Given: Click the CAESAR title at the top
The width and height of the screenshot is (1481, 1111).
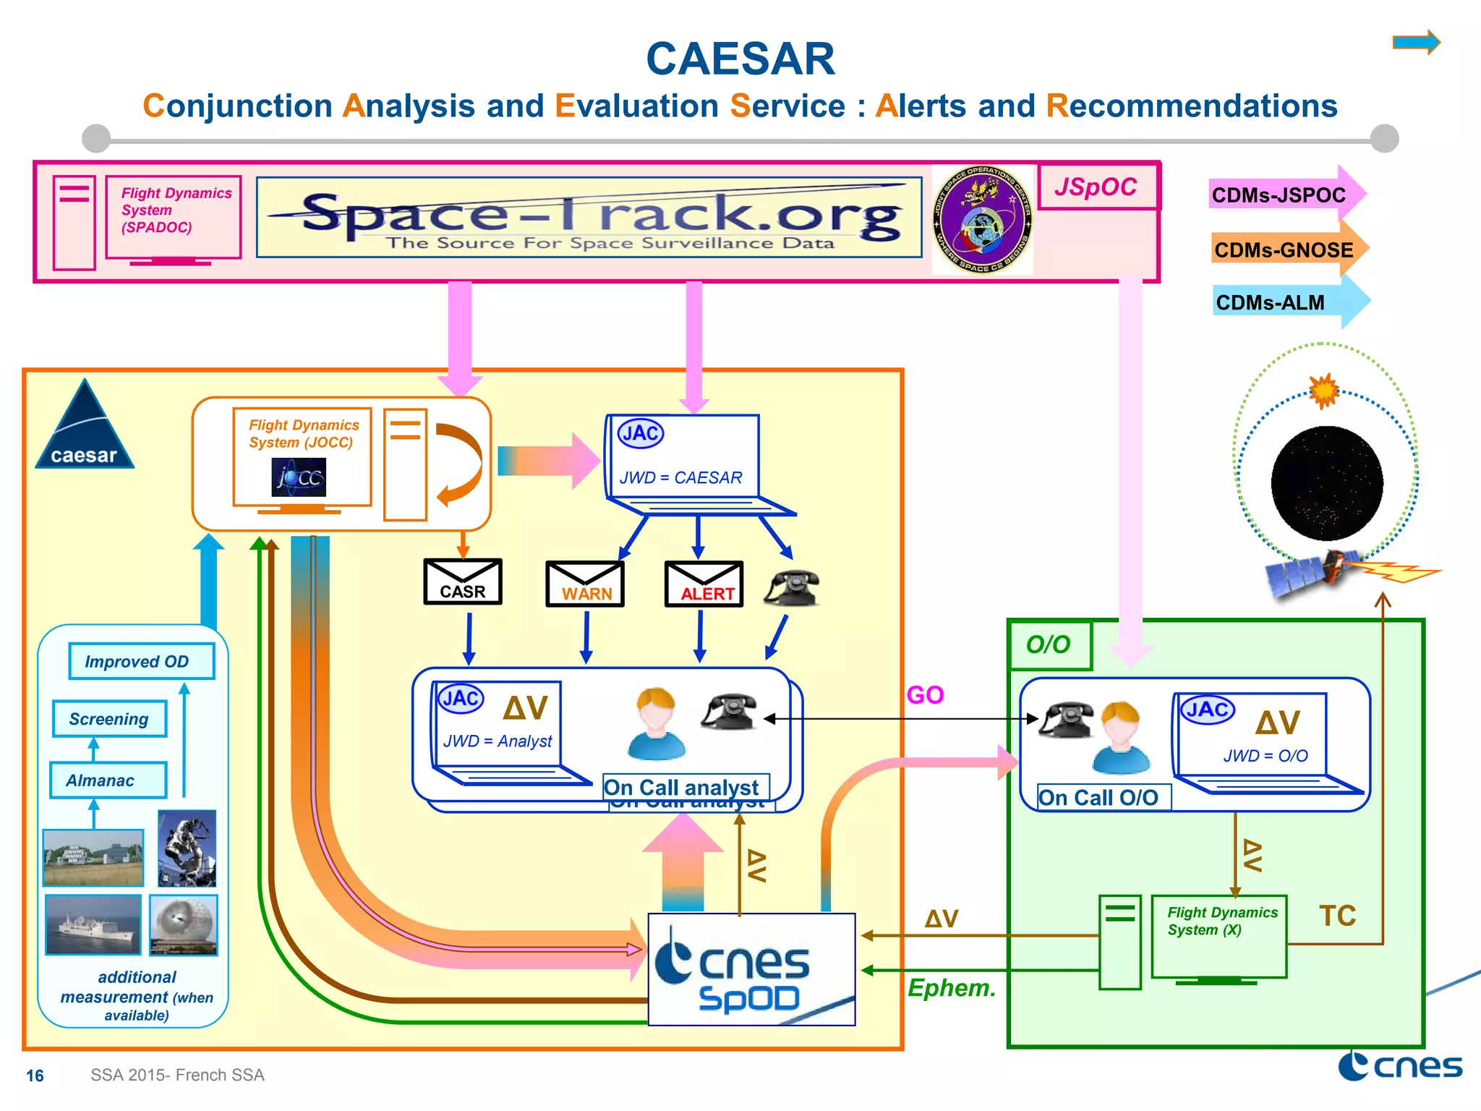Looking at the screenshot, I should tap(740, 59).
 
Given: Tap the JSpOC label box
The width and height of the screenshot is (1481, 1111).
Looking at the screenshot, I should tap(1097, 187).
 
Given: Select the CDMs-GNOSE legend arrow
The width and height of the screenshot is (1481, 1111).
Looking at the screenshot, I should tap(1287, 250).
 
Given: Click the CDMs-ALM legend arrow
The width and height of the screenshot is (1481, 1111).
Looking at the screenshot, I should tap(1287, 302).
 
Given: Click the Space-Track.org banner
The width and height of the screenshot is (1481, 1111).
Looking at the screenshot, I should tap(589, 217).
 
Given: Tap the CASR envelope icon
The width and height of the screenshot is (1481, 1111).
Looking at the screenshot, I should tap(463, 582).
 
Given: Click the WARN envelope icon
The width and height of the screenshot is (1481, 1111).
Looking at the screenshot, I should tap(585, 584).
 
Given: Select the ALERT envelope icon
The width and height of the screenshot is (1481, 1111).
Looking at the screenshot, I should tap(704, 584).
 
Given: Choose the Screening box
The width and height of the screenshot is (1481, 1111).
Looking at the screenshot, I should tap(109, 719).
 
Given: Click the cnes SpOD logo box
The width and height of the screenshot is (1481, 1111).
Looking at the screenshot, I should tap(751, 969).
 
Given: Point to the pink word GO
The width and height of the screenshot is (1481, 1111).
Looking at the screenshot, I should tap(925, 695).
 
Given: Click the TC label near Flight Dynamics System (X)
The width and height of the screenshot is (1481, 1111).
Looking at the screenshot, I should tap(1336, 916).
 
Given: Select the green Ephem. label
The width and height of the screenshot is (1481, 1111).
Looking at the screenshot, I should tap(952, 988).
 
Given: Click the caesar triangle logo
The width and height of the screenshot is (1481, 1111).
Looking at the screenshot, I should tap(85, 428).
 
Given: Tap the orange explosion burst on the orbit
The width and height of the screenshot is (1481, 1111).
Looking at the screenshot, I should tap(1324, 391).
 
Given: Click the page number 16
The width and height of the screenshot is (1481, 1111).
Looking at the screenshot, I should tap(35, 1076).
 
